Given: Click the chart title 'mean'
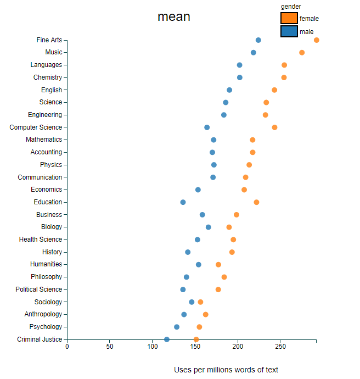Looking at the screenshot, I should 174,16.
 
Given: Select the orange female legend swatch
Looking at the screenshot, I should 289,18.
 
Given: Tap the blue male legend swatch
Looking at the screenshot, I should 289,31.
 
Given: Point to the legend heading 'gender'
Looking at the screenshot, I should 290,6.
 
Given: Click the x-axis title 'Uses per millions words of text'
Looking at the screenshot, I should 226,370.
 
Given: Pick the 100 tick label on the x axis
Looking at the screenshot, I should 153,347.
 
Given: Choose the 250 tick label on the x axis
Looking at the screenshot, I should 280,347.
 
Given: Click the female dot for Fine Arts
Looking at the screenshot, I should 317,40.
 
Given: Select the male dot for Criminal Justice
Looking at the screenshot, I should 167,339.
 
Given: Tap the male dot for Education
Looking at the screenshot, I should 183,202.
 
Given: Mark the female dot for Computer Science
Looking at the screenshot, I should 274,127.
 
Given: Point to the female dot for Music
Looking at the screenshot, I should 302,52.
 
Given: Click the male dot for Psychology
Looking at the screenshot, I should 177,327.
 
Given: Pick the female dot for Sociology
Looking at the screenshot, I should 200,302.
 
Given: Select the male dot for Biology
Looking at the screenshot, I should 209,227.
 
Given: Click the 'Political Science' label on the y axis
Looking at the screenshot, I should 39,289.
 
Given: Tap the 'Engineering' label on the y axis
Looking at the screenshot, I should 45,115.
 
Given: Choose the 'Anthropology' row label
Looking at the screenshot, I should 43,314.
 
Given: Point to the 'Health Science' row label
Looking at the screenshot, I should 41,239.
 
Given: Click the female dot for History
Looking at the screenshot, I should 232,252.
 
